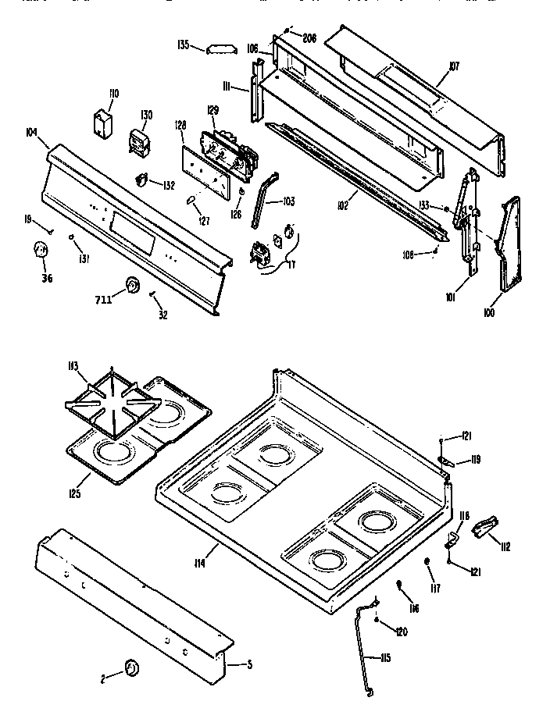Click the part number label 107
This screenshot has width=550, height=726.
[x=454, y=67]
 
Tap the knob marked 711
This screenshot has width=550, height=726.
[x=134, y=286]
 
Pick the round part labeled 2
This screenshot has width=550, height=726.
[x=131, y=668]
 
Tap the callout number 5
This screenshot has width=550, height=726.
[x=249, y=665]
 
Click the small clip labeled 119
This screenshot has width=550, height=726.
[x=447, y=461]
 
